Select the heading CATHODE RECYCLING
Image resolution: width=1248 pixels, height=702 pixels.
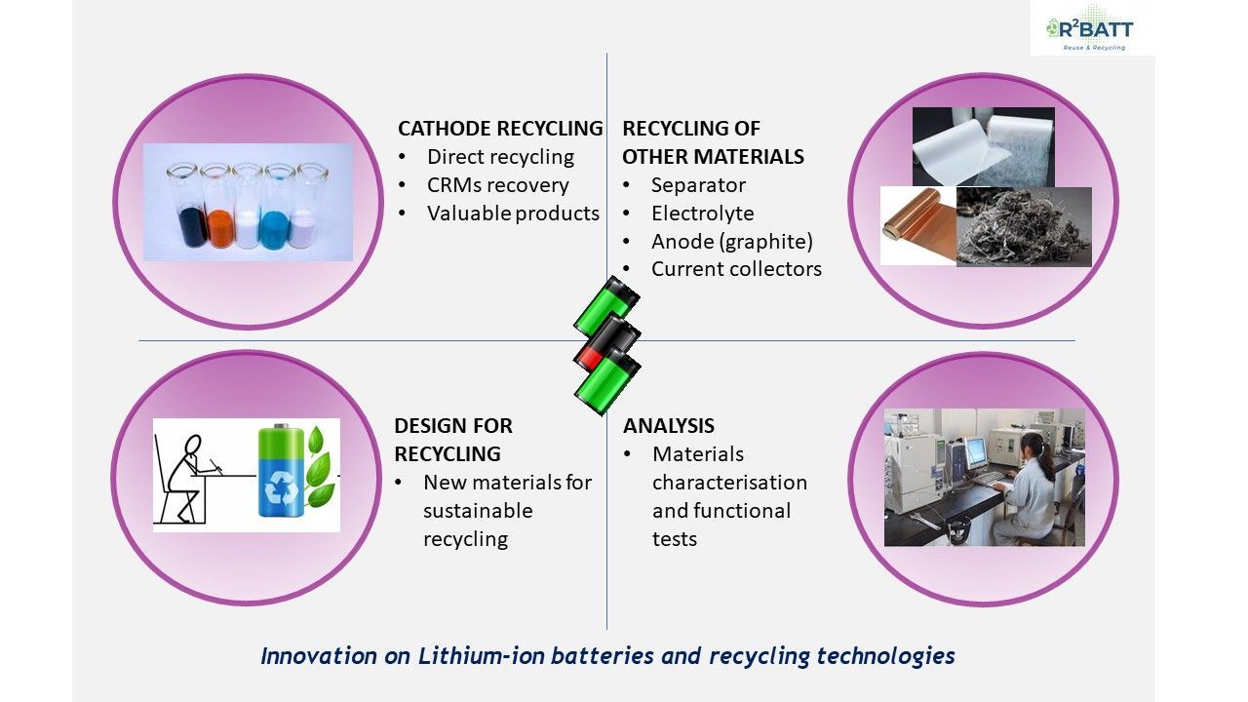(500, 129)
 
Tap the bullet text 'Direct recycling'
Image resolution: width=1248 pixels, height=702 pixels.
(500, 157)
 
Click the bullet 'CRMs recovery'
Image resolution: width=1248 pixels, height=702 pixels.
(497, 185)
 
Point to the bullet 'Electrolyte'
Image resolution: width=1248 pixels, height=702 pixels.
(703, 214)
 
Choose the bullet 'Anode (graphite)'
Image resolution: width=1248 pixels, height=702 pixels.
(732, 242)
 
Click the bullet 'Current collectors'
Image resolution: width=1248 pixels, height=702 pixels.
(736, 269)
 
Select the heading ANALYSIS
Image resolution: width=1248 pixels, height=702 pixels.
(669, 426)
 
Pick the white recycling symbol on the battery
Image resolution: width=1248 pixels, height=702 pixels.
(282, 488)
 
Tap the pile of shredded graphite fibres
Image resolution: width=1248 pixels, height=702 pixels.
(1024, 227)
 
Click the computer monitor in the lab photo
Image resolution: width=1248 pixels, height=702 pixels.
(976, 454)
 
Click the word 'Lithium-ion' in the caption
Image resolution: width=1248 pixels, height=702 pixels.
(481, 656)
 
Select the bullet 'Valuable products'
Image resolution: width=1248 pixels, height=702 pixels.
(513, 214)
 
